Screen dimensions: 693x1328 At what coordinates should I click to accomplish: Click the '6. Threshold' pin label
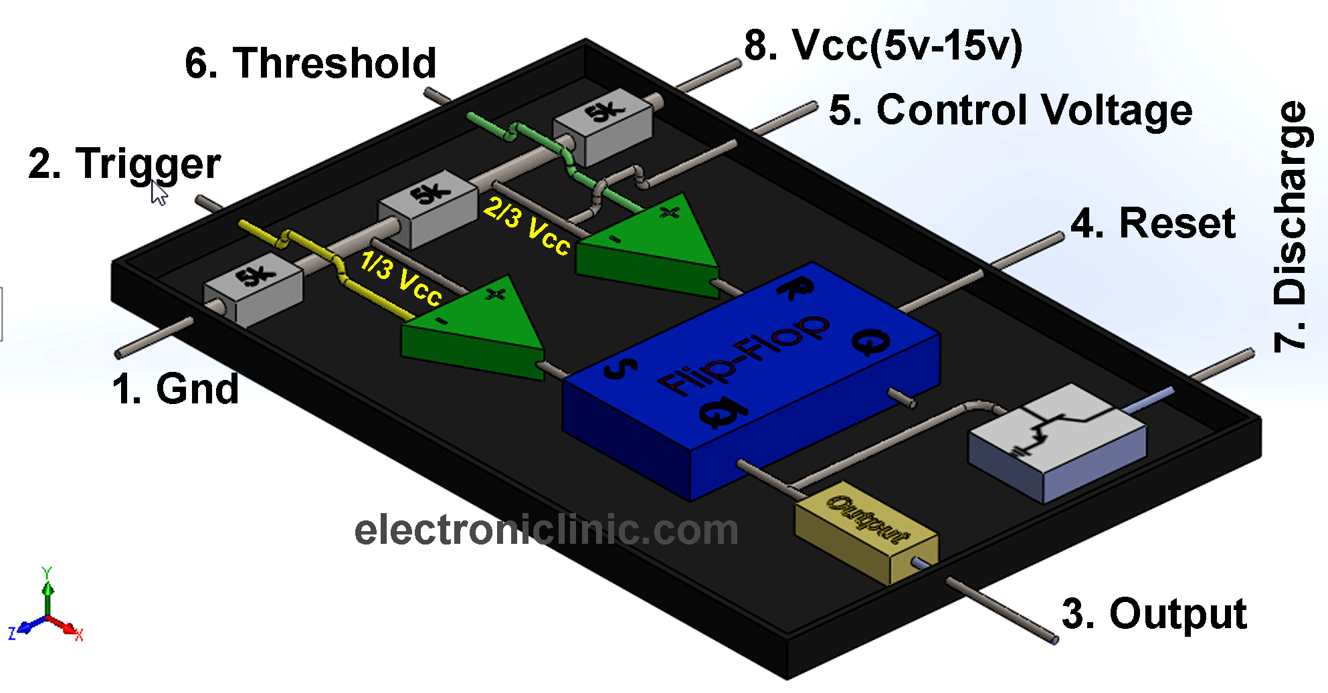310,64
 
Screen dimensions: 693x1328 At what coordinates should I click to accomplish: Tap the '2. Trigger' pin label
124,164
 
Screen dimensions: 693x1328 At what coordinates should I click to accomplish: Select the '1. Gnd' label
175,389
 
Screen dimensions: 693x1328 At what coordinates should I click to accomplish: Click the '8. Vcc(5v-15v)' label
883,45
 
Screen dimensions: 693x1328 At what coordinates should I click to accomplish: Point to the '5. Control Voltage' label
1010,110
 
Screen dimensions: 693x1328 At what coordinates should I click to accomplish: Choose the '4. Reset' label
1153,223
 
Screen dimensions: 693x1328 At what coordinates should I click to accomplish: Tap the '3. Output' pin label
1154,613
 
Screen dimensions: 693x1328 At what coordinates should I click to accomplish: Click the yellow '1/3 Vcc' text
401,278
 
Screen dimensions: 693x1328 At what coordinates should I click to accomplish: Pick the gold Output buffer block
865,532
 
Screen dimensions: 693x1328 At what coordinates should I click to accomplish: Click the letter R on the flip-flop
796,290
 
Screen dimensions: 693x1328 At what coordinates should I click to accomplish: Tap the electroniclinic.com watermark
546,530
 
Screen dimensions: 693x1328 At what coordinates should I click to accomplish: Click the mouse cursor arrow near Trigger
159,193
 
